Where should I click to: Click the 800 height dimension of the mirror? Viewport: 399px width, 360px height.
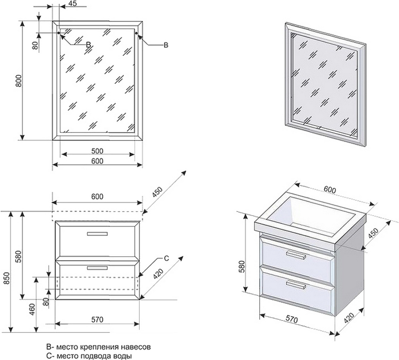coord(18,80)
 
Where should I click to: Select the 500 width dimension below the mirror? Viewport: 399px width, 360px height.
coord(97,151)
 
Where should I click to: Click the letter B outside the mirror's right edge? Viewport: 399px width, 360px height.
coord(166,45)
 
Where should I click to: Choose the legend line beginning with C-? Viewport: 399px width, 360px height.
coord(88,356)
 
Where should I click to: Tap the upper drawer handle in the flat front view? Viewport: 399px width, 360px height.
coord(97,233)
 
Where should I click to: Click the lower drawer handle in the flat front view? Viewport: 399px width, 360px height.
coord(97,268)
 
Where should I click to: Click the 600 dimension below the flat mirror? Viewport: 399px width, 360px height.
coord(97,161)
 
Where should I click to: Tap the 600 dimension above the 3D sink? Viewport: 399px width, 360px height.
coord(329,189)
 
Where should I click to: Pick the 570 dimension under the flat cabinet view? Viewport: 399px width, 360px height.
coord(97,320)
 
